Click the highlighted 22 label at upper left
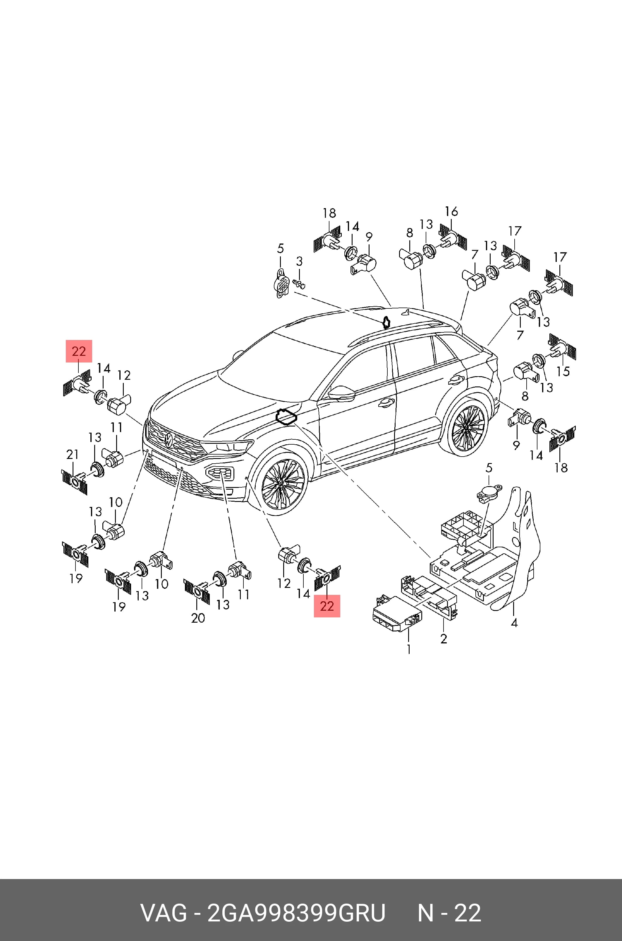pyautogui.click(x=78, y=351)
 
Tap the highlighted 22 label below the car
pyautogui.click(x=327, y=606)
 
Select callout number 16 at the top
pyautogui.click(x=451, y=211)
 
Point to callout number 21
pyautogui.click(x=72, y=454)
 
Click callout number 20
pyautogui.click(x=198, y=618)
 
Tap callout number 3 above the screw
pyautogui.click(x=299, y=261)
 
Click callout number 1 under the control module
pyautogui.click(x=409, y=649)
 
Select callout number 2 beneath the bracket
pyautogui.click(x=444, y=638)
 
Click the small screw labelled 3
pyautogui.click(x=300, y=283)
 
